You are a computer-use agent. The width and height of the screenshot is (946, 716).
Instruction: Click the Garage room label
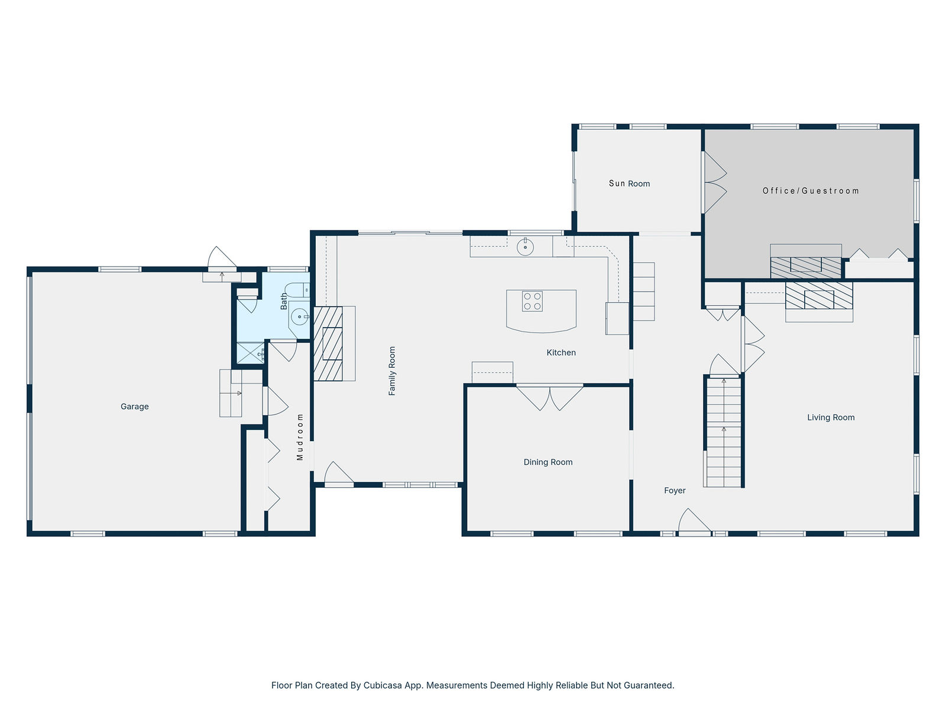point(134,406)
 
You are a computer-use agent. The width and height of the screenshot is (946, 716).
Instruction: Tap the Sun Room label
point(629,183)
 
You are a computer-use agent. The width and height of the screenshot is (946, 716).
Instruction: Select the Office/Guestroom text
point(811,191)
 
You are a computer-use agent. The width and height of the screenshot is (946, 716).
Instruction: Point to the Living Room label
point(831,417)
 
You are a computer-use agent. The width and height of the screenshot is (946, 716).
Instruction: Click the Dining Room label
point(547,462)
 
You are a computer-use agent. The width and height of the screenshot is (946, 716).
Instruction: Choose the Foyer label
point(675,490)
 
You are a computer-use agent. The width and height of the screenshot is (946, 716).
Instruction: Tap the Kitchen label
point(561,352)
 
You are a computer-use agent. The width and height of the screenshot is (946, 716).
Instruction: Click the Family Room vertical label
point(392,371)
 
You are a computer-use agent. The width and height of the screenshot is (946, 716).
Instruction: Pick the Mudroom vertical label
point(300,437)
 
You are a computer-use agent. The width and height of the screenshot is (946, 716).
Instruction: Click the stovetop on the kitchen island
point(532,301)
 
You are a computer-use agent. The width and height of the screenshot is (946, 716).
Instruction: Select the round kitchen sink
point(526,247)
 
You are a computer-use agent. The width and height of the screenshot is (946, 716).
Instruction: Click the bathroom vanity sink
point(300,317)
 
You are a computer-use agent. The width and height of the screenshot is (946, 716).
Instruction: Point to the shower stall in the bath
point(250,353)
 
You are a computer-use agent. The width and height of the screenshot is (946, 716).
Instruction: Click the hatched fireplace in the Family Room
point(328,344)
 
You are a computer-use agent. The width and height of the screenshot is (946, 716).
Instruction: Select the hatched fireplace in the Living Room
point(819,296)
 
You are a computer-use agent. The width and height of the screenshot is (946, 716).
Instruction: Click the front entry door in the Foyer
point(694,522)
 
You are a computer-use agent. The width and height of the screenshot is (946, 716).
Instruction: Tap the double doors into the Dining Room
point(549,397)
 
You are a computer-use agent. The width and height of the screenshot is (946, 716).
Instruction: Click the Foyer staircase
point(724,431)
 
